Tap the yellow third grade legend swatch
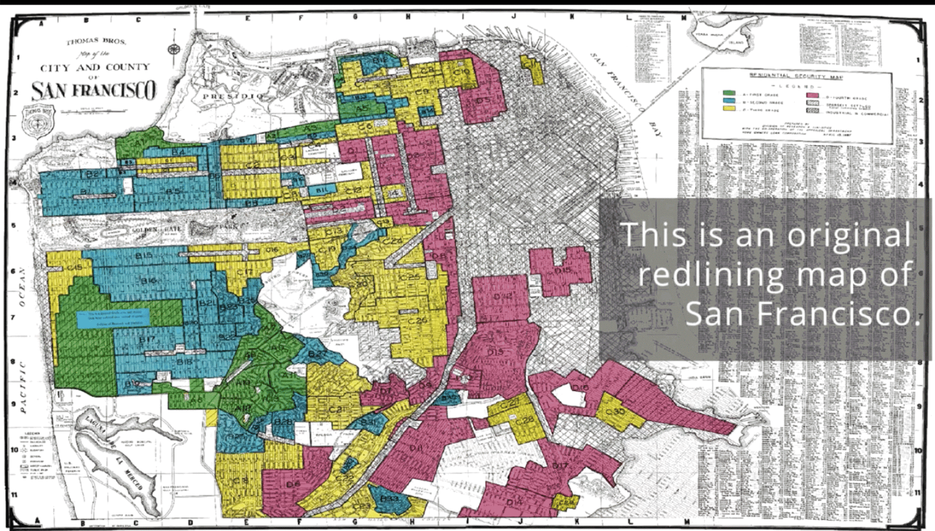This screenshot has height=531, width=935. [x=729, y=109]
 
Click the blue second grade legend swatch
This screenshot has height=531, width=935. [x=729, y=101]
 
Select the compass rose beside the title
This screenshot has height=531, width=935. [x=174, y=49]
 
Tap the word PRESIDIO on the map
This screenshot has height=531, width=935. [x=233, y=96]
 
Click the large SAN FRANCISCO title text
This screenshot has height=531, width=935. [x=94, y=90]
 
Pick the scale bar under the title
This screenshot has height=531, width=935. [x=87, y=110]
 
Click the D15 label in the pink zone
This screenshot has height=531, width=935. [x=563, y=271]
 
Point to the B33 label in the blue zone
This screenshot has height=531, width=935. [x=389, y=498]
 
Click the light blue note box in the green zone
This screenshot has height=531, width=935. [x=113, y=319]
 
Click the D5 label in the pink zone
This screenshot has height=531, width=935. [x=483, y=100]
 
